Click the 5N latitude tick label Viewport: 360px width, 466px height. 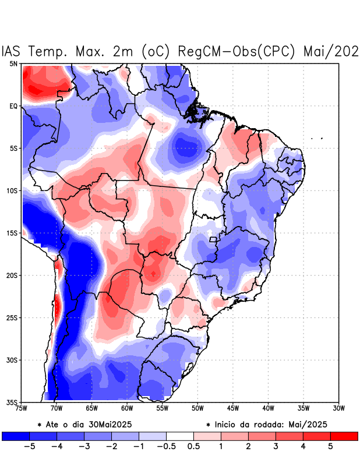tap(13, 63)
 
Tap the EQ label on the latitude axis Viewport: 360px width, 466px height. tap(13, 106)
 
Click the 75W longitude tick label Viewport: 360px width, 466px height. tap(22, 408)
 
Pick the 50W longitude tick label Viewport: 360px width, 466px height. tap(197, 408)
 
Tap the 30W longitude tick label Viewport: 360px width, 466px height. tap(339, 408)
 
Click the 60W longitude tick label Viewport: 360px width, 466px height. tap(127, 408)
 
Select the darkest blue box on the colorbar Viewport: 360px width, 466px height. tap(16, 436)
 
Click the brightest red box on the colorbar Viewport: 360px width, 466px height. tap(344, 436)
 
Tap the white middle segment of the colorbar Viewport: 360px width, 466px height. tap(180, 436)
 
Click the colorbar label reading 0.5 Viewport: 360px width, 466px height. tap(194, 447)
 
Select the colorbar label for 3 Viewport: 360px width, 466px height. tap(276, 447)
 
